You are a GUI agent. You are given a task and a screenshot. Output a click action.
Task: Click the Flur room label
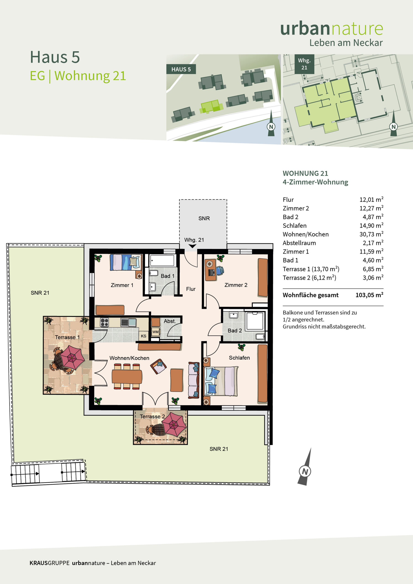191,289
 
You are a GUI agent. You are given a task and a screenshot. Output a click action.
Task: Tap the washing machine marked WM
155,332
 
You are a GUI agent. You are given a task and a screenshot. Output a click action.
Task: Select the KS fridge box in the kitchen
144,336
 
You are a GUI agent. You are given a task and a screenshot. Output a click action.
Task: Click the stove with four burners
104,322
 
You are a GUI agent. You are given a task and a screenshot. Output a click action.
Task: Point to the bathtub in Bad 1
162,261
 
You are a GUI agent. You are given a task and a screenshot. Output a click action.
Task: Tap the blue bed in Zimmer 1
126,262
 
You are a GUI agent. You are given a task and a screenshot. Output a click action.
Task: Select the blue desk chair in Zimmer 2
220,270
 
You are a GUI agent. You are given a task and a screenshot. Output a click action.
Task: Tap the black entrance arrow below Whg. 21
193,246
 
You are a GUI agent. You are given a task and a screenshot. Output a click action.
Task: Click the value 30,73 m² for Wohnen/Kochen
371,234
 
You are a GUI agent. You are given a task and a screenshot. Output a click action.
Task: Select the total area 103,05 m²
369,295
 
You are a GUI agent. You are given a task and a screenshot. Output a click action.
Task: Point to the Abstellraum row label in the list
299,243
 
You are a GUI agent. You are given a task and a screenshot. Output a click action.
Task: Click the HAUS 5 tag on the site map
181,69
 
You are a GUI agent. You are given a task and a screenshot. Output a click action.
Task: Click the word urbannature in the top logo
332,29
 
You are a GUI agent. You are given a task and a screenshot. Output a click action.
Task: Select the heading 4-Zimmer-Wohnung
315,182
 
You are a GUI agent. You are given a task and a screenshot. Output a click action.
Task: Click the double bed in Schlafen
221,381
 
